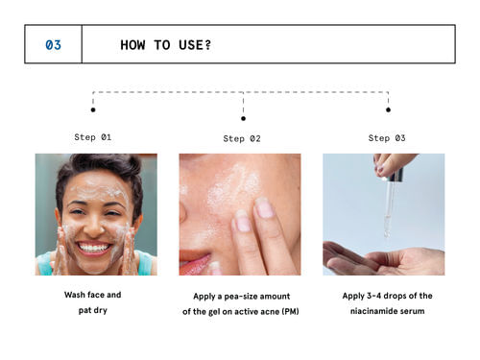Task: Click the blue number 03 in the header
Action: [53, 45]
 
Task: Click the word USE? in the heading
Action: [195, 45]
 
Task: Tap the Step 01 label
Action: [93, 137]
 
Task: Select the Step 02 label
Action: [242, 139]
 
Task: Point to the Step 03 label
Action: [387, 138]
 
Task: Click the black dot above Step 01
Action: [93, 109]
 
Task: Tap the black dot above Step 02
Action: [243, 118]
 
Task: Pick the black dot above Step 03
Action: [388, 109]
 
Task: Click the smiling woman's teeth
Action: [94, 248]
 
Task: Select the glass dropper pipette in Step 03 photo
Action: [388, 208]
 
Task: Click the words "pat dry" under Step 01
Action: [93, 310]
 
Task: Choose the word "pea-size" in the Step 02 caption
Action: [238, 297]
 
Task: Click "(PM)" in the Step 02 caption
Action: [291, 311]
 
